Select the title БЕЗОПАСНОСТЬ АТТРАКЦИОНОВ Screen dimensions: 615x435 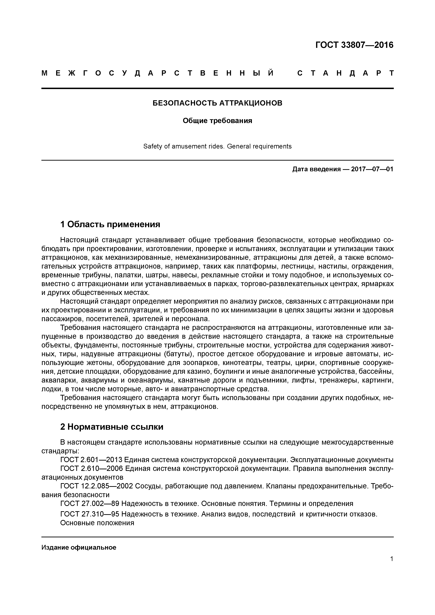click(217, 103)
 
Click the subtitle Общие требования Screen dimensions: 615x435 click(217, 121)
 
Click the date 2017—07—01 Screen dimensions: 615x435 click(372, 169)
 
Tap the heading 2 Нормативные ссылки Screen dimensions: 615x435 click(112, 427)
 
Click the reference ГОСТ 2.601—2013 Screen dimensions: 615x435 click(91, 460)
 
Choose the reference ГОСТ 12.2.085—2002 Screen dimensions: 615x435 click(96, 486)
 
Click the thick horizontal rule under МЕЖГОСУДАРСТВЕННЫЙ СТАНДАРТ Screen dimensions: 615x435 click(217, 88)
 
